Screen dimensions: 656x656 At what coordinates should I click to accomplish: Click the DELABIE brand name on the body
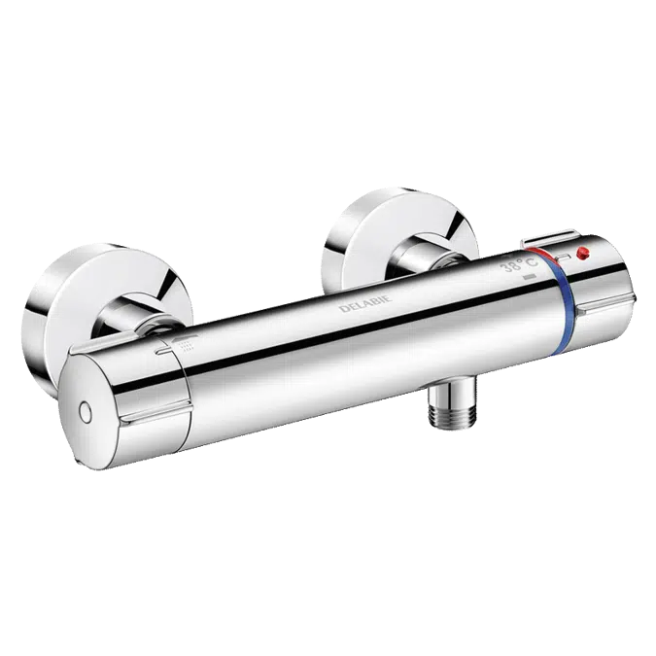(x=365, y=303)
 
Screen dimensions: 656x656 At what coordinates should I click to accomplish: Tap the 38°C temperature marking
(x=520, y=265)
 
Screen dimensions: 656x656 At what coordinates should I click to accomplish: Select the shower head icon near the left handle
(x=184, y=343)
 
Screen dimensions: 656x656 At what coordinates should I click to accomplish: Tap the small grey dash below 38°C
(x=530, y=277)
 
